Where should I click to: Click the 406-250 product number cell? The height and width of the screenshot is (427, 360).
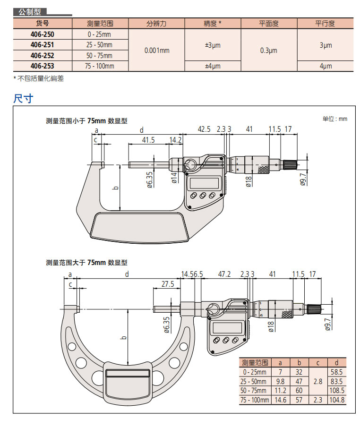[x=42, y=34]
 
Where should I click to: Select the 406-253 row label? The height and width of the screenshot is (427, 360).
[x=42, y=66]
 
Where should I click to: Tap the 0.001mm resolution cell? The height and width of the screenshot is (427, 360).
[x=156, y=51]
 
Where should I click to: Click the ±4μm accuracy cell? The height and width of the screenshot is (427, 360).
[x=212, y=66]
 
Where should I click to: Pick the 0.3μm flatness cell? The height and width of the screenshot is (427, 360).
[x=268, y=51]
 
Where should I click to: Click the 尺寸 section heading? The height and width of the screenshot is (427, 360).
[x=23, y=98]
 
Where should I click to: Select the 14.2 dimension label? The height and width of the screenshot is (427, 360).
[x=175, y=140]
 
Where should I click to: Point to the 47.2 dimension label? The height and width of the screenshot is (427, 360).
[x=225, y=274]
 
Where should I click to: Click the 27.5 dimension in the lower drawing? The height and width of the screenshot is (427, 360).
[x=168, y=284]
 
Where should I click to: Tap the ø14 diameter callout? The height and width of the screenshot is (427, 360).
[x=173, y=177]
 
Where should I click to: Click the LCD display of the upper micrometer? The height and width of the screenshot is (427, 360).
[x=204, y=182]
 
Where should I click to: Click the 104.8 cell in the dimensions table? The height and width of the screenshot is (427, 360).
[x=336, y=400]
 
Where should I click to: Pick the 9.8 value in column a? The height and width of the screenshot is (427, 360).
[x=280, y=381]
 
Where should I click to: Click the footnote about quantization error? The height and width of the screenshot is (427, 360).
[x=39, y=78]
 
